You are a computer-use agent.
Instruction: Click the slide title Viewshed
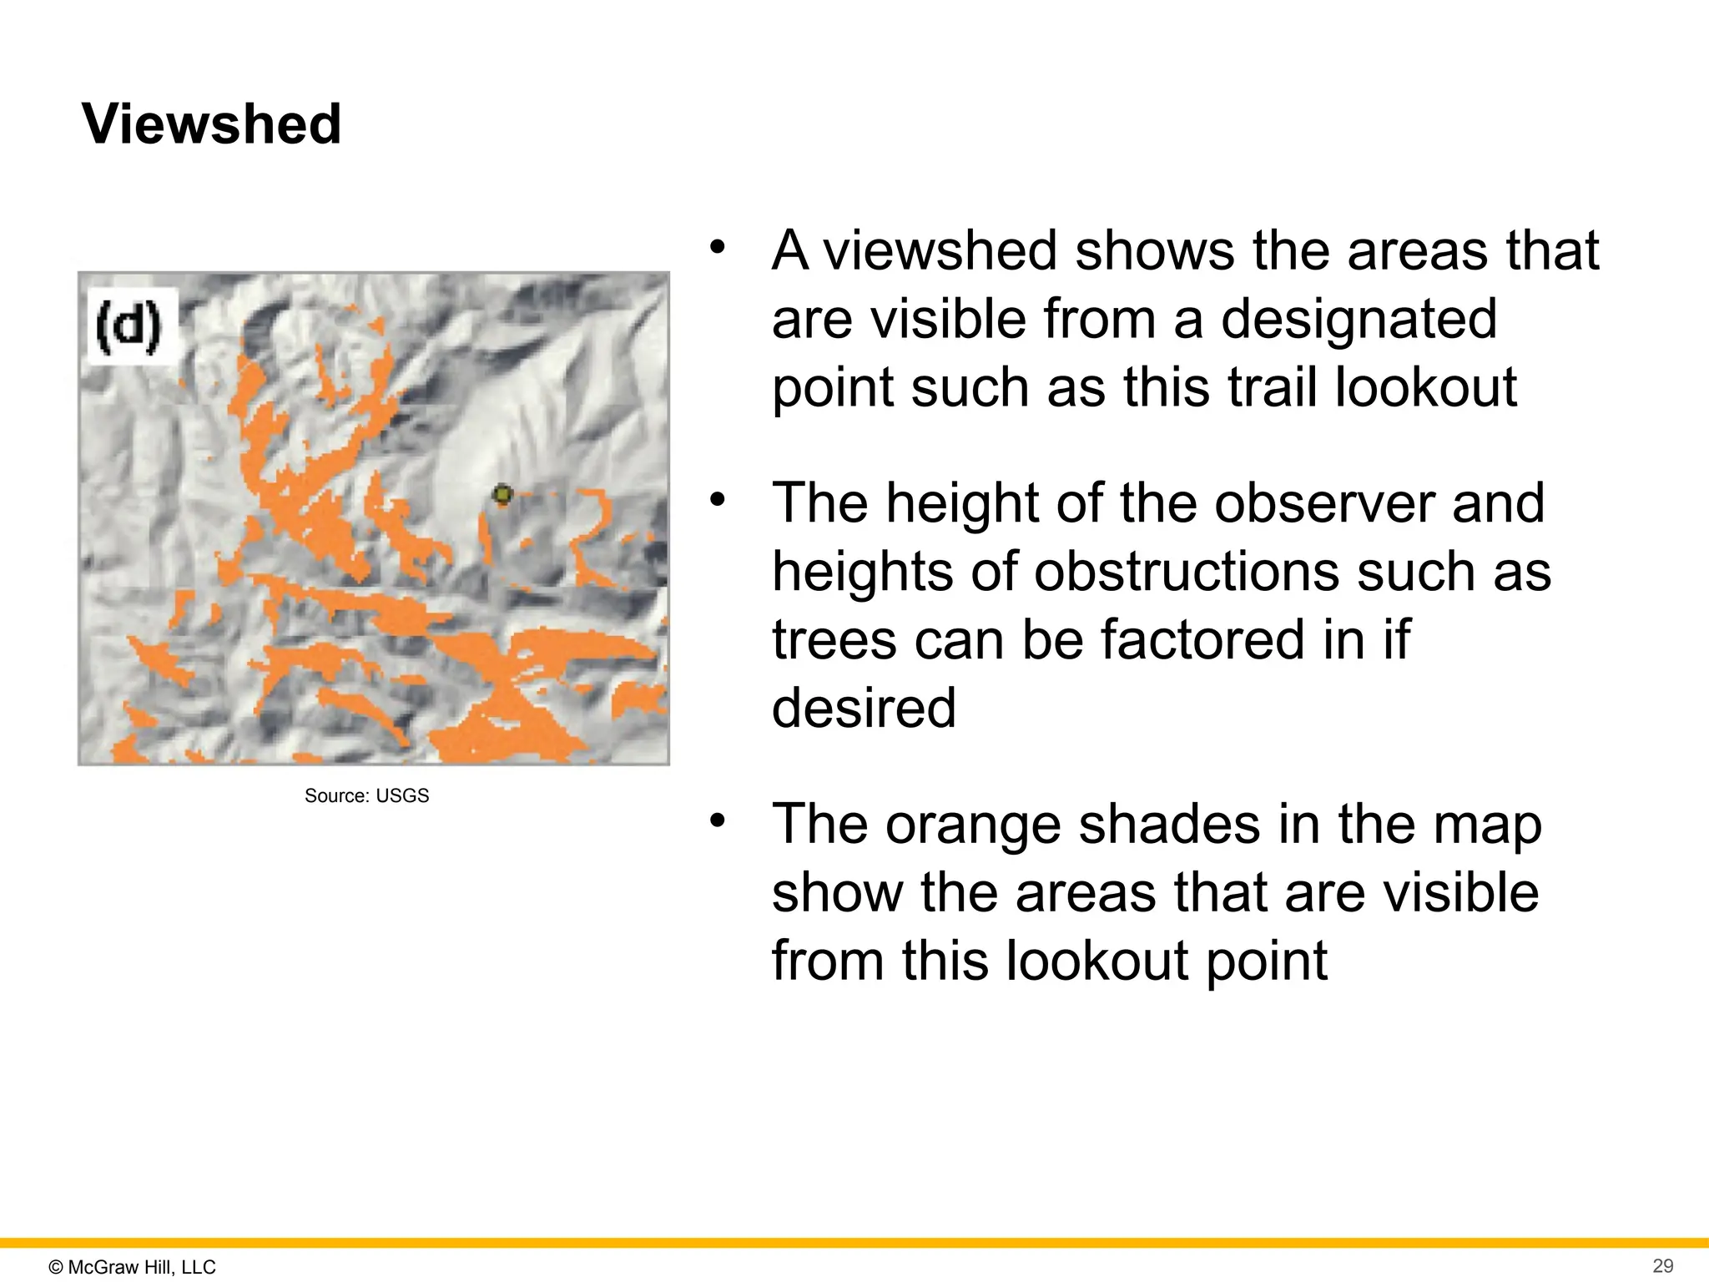pyautogui.click(x=212, y=124)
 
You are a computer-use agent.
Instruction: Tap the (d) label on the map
pyautogui.click(x=128, y=326)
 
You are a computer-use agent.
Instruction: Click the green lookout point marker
pyautogui.click(x=502, y=495)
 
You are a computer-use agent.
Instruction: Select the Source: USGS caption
pyautogui.click(x=366, y=795)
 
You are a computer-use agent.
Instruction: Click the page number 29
pyautogui.click(x=1663, y=1265)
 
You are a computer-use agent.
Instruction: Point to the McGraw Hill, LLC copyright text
pyautogui.click(x=133, y=1267)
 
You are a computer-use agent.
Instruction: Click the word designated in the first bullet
pyautogui.click(x=1359, y=319)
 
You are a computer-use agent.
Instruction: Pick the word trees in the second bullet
pyautogui.click(x=834, y=639)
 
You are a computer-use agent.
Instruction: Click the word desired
pyautogui.click(x=864, y=708)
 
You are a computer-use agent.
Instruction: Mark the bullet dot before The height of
pyautogui.click(x=718, y=500)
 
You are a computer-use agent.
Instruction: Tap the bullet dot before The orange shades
pyautogui.click(x=718, y=821)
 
